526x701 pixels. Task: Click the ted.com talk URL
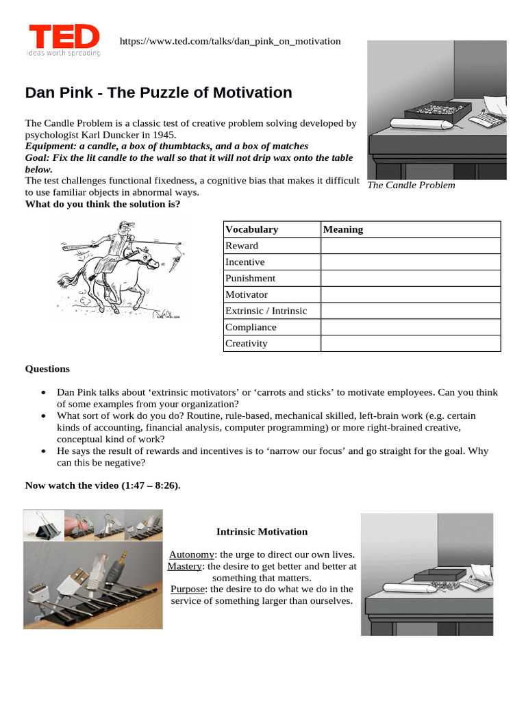click(229, 41)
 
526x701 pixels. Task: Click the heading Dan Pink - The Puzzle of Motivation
click(158, 92)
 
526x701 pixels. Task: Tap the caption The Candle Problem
click(411, 185)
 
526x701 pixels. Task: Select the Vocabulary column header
click(251, 229)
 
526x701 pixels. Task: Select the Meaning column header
click(342, 229)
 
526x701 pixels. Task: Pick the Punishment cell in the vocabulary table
click(250, 278)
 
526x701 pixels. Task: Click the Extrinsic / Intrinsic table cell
click(266, 311)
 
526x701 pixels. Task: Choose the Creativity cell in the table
click(246, 344)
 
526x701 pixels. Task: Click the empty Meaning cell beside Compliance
click(410, 327)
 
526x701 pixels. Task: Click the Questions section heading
click(47, 369)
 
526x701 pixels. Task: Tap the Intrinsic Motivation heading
click(262, 531)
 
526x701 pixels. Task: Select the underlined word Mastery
click(184, 566)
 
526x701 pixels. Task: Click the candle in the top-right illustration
click(417, 123)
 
